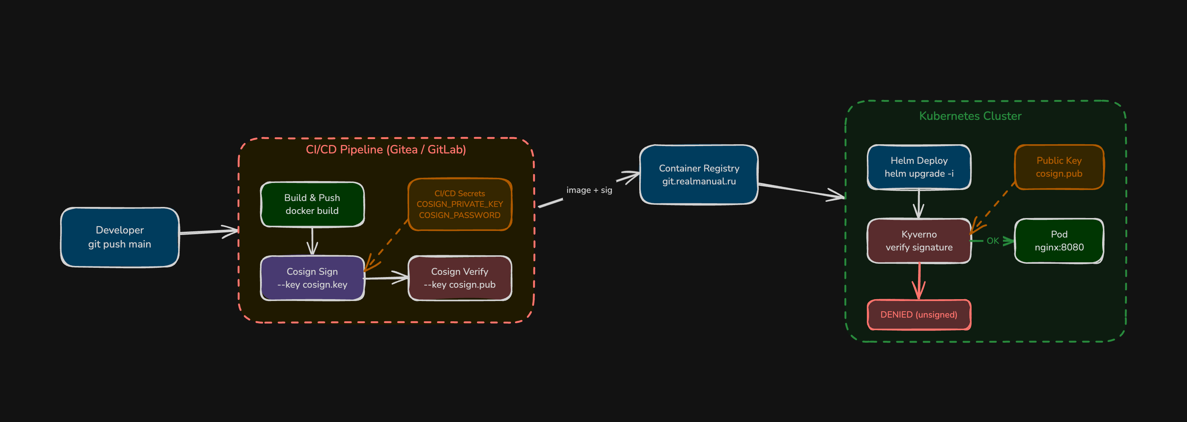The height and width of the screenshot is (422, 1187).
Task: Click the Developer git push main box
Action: point(120,237)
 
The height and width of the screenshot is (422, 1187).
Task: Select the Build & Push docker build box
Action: point(312,204)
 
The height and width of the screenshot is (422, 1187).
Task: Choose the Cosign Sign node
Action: point(312,278)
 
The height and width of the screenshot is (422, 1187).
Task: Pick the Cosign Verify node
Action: point(459,278)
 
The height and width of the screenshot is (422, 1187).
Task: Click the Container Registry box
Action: point(699,174)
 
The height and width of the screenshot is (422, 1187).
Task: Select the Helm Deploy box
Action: point(919,167)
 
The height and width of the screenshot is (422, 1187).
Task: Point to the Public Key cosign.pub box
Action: point(1059,167)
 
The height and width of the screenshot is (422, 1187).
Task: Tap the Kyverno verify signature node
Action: point(919,241)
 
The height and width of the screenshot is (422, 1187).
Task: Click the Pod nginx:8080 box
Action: point(1059,241)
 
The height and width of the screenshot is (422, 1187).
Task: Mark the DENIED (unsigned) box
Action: point(919,315)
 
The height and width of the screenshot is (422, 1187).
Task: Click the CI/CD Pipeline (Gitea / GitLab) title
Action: point(386,149)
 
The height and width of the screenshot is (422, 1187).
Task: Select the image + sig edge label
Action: point(589,190)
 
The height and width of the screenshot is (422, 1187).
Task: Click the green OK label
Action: point(993,241)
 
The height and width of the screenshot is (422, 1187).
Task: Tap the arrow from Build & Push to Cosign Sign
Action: point(312,241)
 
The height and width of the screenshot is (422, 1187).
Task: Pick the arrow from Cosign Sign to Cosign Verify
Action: point(386,278)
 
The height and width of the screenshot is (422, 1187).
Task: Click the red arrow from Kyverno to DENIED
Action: point(919,281)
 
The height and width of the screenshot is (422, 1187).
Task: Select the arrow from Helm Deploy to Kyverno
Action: point(919,204)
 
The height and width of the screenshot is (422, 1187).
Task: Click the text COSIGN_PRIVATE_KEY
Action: point(459,204)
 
